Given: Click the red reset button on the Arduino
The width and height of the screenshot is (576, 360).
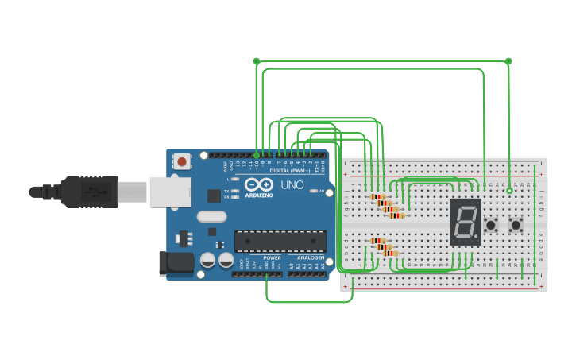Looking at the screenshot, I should pyautogui.click(x=182, y=162).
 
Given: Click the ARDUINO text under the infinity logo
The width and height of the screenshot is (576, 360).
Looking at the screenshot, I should pyautogui.click(x=259, y=195).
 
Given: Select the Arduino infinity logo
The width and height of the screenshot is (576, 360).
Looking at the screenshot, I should pyautogui.click(x=259, y=184).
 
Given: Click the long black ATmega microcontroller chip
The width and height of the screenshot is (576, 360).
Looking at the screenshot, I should pyautogui.click(x=280, y=241).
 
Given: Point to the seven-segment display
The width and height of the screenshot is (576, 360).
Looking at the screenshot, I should pyautogui.click(x=466, y=222).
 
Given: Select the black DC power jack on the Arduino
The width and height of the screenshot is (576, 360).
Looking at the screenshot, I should pyautogui.click(x=172, y=264).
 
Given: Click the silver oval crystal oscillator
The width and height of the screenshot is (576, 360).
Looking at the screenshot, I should pyautogui.click(x=212, y=216).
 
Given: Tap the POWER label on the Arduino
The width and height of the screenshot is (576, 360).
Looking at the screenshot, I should pyautogui.click(x=272, y=258).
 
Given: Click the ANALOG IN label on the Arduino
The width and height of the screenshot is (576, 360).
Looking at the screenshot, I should pyautogui.click(x=311, y=258).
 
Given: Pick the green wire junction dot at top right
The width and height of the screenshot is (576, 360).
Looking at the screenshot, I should pyautogui.click(x=508, y=60).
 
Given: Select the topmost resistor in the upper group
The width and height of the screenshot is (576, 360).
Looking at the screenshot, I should pyautogui.click(x=378, y=196).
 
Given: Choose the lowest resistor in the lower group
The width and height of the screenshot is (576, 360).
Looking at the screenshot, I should pyautogui.click(x=390, y=254).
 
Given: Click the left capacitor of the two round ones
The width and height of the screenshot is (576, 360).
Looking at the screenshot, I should pyautogui.click(x=208, y=260).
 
